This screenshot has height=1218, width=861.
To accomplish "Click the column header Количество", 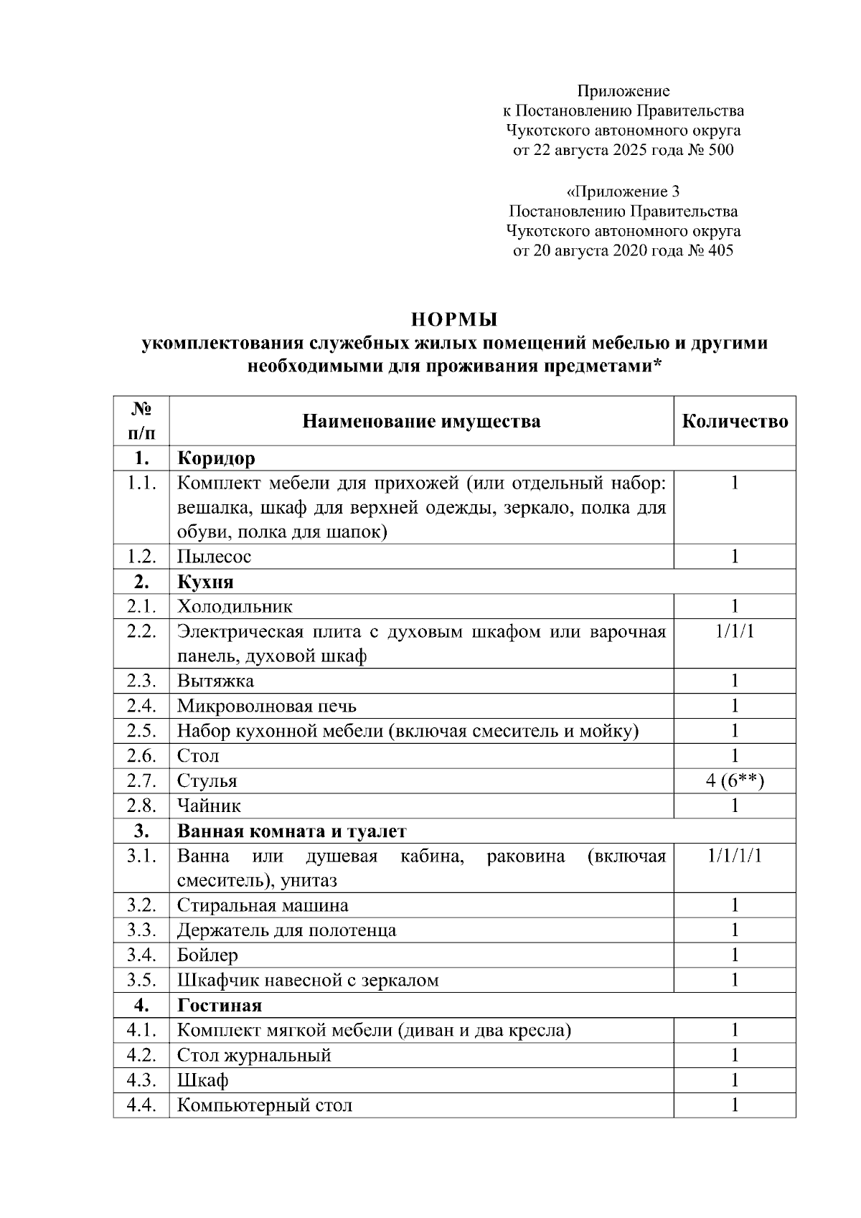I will click(x=735, y=421).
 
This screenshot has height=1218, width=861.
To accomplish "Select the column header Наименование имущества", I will click(x=421, y=421).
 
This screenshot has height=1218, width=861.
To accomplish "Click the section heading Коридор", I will click(x=216, y=458).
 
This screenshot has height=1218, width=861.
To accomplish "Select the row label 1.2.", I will click(x=141, y=557).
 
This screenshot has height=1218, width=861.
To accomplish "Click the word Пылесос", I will click(x=214, y=557).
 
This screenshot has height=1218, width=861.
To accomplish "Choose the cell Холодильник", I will click(x=235, y=607).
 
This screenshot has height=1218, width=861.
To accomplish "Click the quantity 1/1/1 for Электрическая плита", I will click(x=735, y=632).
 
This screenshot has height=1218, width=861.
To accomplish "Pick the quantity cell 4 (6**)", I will click(x=735, y=781).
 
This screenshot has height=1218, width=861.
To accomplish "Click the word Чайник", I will click(x=209, y=806).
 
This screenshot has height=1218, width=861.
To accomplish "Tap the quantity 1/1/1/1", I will click(x=735, y=856).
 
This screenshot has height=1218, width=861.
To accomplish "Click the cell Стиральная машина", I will click(x=263, y=906).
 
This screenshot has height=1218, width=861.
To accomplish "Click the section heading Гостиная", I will click(x=220, y=1006).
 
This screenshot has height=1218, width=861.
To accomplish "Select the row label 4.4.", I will click(x=141, y=1105).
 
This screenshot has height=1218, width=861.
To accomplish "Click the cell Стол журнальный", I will click(x=254, y=1056).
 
